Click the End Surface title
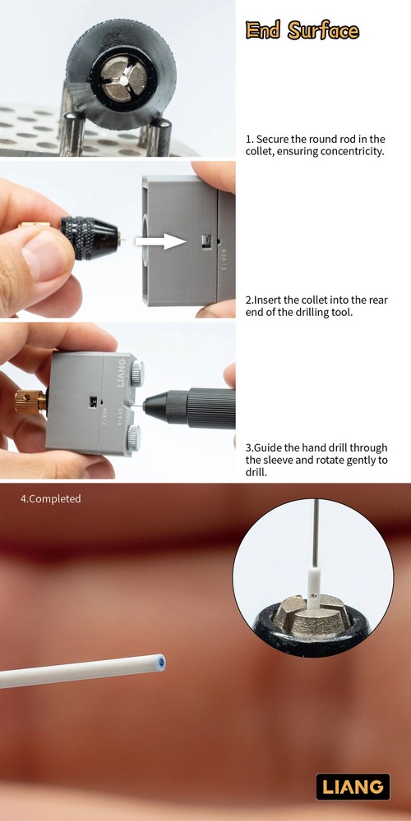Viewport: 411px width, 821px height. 302,30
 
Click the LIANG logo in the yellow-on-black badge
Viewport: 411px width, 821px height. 353,787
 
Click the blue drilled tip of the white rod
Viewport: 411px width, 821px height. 161,663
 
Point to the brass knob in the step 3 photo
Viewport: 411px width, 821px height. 30,401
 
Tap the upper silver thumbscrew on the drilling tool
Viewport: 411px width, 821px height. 136,374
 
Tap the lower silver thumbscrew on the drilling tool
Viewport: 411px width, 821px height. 134,438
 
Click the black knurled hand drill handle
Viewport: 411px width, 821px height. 210,408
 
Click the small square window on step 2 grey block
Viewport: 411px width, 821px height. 205,241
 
